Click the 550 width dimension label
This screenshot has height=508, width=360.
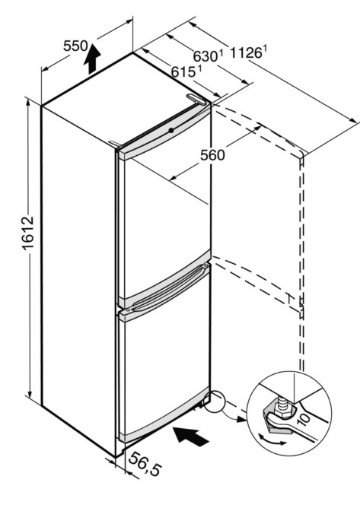pyautogui.click(x=75, y=46)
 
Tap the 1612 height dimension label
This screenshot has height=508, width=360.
pyautogui.click(x=28, y=232)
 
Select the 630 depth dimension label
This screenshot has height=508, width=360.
pyautogui.click(x=206, y=56)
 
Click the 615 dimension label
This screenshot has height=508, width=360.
pyautogui.click(x=183, y=72)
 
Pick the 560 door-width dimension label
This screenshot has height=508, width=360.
pyautogui.click(x=212, y=155)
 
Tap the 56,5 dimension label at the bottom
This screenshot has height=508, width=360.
pyautogui.click(x=145, y=464)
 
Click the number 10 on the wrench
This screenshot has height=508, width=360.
pyautogui.click(x=303, y=418)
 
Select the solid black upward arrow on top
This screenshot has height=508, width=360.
pyautogui.click(x=92, y=59)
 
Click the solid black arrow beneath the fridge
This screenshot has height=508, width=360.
pyautogui.click(x=190, y=436)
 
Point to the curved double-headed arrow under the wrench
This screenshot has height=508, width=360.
pyautogui.click(x=272, y=439)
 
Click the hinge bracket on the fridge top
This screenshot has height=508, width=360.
pyautogui.click(x=196, y=99)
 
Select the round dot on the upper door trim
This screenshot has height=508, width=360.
pyautogui.click(x=170, y=130)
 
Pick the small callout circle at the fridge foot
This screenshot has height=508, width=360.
pyautogui.click(x=215, y=402)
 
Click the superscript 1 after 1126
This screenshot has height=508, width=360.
pyautogui.click(x=264, y=49)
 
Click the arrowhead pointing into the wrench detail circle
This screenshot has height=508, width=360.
pyautogui.click(x=241, y=420)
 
